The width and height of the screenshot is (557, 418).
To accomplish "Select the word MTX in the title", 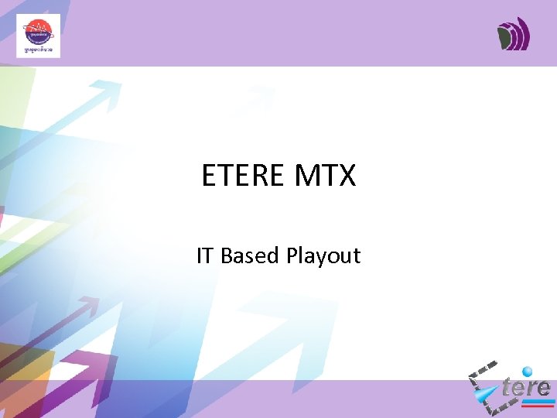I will point(325,176).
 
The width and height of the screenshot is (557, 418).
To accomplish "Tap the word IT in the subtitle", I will point(205,255).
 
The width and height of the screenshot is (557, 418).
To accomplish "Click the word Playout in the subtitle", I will point(323,256).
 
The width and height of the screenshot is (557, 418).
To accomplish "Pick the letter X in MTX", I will point(346,176).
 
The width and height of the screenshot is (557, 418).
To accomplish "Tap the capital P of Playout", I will point(292,255).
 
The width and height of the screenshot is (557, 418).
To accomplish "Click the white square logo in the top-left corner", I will point(38,36).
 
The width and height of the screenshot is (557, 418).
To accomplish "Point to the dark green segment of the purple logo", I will point(505,36).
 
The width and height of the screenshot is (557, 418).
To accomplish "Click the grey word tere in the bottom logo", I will point(526,387).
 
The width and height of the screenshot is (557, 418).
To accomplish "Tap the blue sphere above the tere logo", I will point(528,372).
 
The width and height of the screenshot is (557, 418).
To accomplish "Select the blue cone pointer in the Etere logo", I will point(487,396).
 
